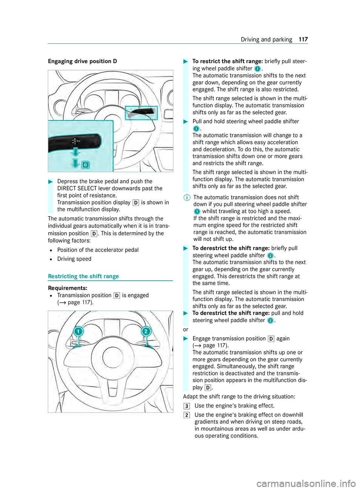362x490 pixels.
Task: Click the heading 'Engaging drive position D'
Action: click(82, 61)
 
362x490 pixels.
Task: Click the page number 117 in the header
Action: click(303, 40)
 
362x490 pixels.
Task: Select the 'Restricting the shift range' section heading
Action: click(83, 276)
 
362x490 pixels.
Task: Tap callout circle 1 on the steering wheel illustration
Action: click(78, 332)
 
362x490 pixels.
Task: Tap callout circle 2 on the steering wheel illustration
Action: click(146, 332)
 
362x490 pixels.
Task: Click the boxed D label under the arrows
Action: click(86, 165)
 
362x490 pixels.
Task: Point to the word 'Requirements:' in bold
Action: click(67, 288)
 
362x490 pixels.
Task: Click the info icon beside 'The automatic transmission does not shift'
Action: click(187, 198)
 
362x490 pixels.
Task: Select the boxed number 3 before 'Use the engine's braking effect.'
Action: click(187, 406)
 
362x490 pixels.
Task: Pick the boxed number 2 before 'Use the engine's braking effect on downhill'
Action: click(187, 415)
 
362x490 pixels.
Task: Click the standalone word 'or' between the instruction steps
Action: click(186, 330)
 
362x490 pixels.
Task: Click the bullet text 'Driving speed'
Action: click(74, 259)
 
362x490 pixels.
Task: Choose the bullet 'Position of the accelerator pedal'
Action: click(98, 250)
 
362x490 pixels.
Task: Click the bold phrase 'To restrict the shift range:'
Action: click(227, 61)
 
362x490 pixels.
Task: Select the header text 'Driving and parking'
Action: click(266, 40)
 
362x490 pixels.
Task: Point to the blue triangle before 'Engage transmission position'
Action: click(186, 339)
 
